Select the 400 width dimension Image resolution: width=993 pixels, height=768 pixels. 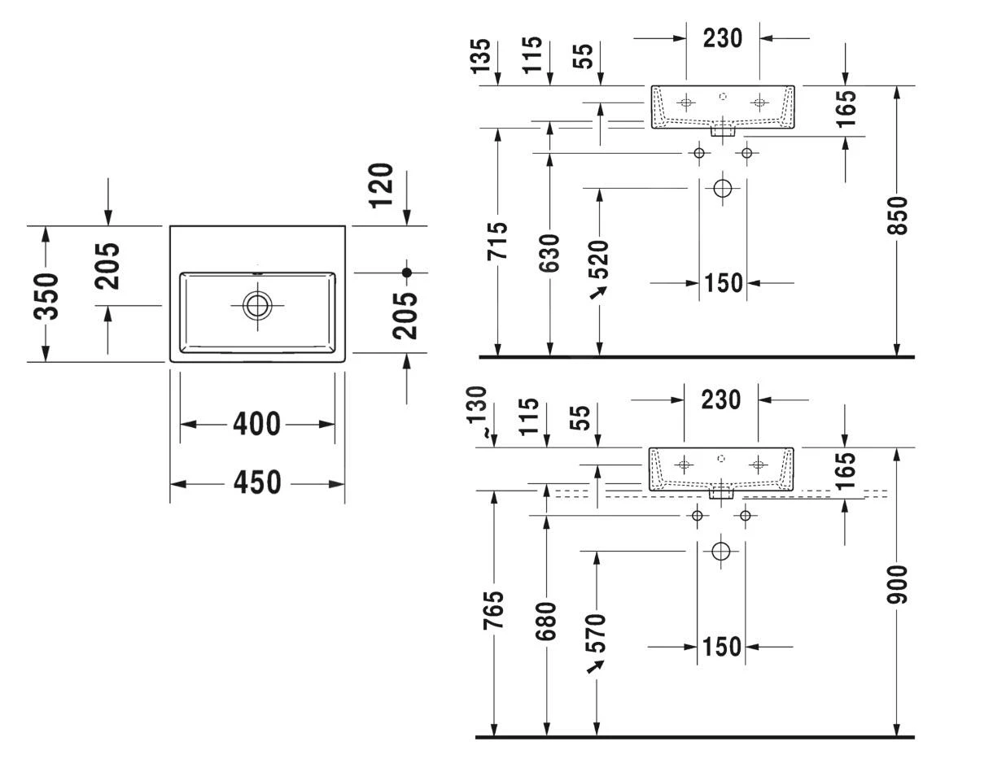(256, 424)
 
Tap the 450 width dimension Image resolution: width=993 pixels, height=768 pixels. (256, 483)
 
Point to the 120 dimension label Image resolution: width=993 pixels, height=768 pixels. (380, 185)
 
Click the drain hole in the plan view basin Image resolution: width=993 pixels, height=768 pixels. (257, 305)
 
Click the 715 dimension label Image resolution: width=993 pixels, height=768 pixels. (497, 240)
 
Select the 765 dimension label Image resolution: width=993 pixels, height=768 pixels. (494, 609)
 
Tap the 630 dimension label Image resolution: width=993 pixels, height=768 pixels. (549, 252)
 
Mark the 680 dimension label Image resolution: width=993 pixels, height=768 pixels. (547, 620)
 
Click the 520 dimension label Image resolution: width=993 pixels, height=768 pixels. (599, 258)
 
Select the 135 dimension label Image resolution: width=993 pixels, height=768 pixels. (482, 55)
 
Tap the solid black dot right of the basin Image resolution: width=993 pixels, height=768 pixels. (407, 273)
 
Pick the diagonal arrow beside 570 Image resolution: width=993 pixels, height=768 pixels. (596, 666)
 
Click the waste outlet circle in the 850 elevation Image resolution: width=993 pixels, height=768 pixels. (722, 189)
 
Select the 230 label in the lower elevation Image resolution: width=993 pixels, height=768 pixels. (721, 399)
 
